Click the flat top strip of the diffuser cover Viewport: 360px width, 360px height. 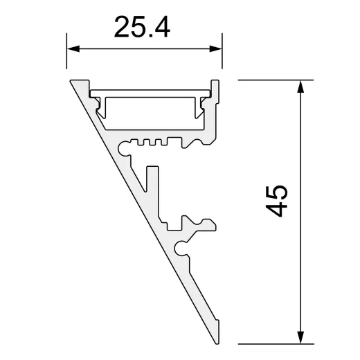152,92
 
